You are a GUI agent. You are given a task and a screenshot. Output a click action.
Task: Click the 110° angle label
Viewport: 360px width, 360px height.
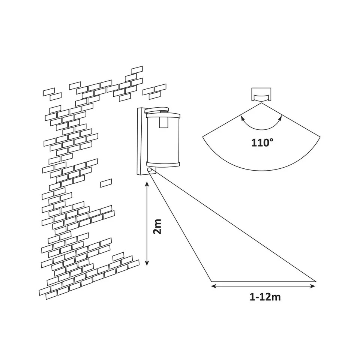(x=262, y=143)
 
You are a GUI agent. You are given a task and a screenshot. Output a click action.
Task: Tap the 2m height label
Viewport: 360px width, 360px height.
(x=157, y=226)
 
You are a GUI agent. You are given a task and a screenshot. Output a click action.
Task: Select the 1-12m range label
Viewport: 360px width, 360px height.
(x=265, y=297)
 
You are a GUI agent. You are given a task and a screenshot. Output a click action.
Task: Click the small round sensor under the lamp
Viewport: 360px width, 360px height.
(x=150, y=170)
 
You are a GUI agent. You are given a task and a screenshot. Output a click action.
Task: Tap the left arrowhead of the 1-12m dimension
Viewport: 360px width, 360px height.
(x=213, y=286)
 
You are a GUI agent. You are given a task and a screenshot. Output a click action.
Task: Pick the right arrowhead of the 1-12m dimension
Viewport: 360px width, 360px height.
(x=313, y=286)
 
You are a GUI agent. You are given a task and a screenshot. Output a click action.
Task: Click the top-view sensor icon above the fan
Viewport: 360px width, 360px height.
(x=261, y=94)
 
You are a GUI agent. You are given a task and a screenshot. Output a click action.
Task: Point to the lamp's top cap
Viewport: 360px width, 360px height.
(x=157, y=110)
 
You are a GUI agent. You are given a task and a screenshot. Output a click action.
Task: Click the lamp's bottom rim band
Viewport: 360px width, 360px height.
(x=163, y=164)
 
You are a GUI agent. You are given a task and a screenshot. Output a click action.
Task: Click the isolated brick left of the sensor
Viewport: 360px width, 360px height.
(x=106, y=183)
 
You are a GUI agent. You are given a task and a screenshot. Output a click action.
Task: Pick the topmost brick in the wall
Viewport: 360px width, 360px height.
(x=137, y=70)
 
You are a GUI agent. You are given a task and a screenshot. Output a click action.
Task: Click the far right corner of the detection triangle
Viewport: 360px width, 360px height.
(x=316, y=281)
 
